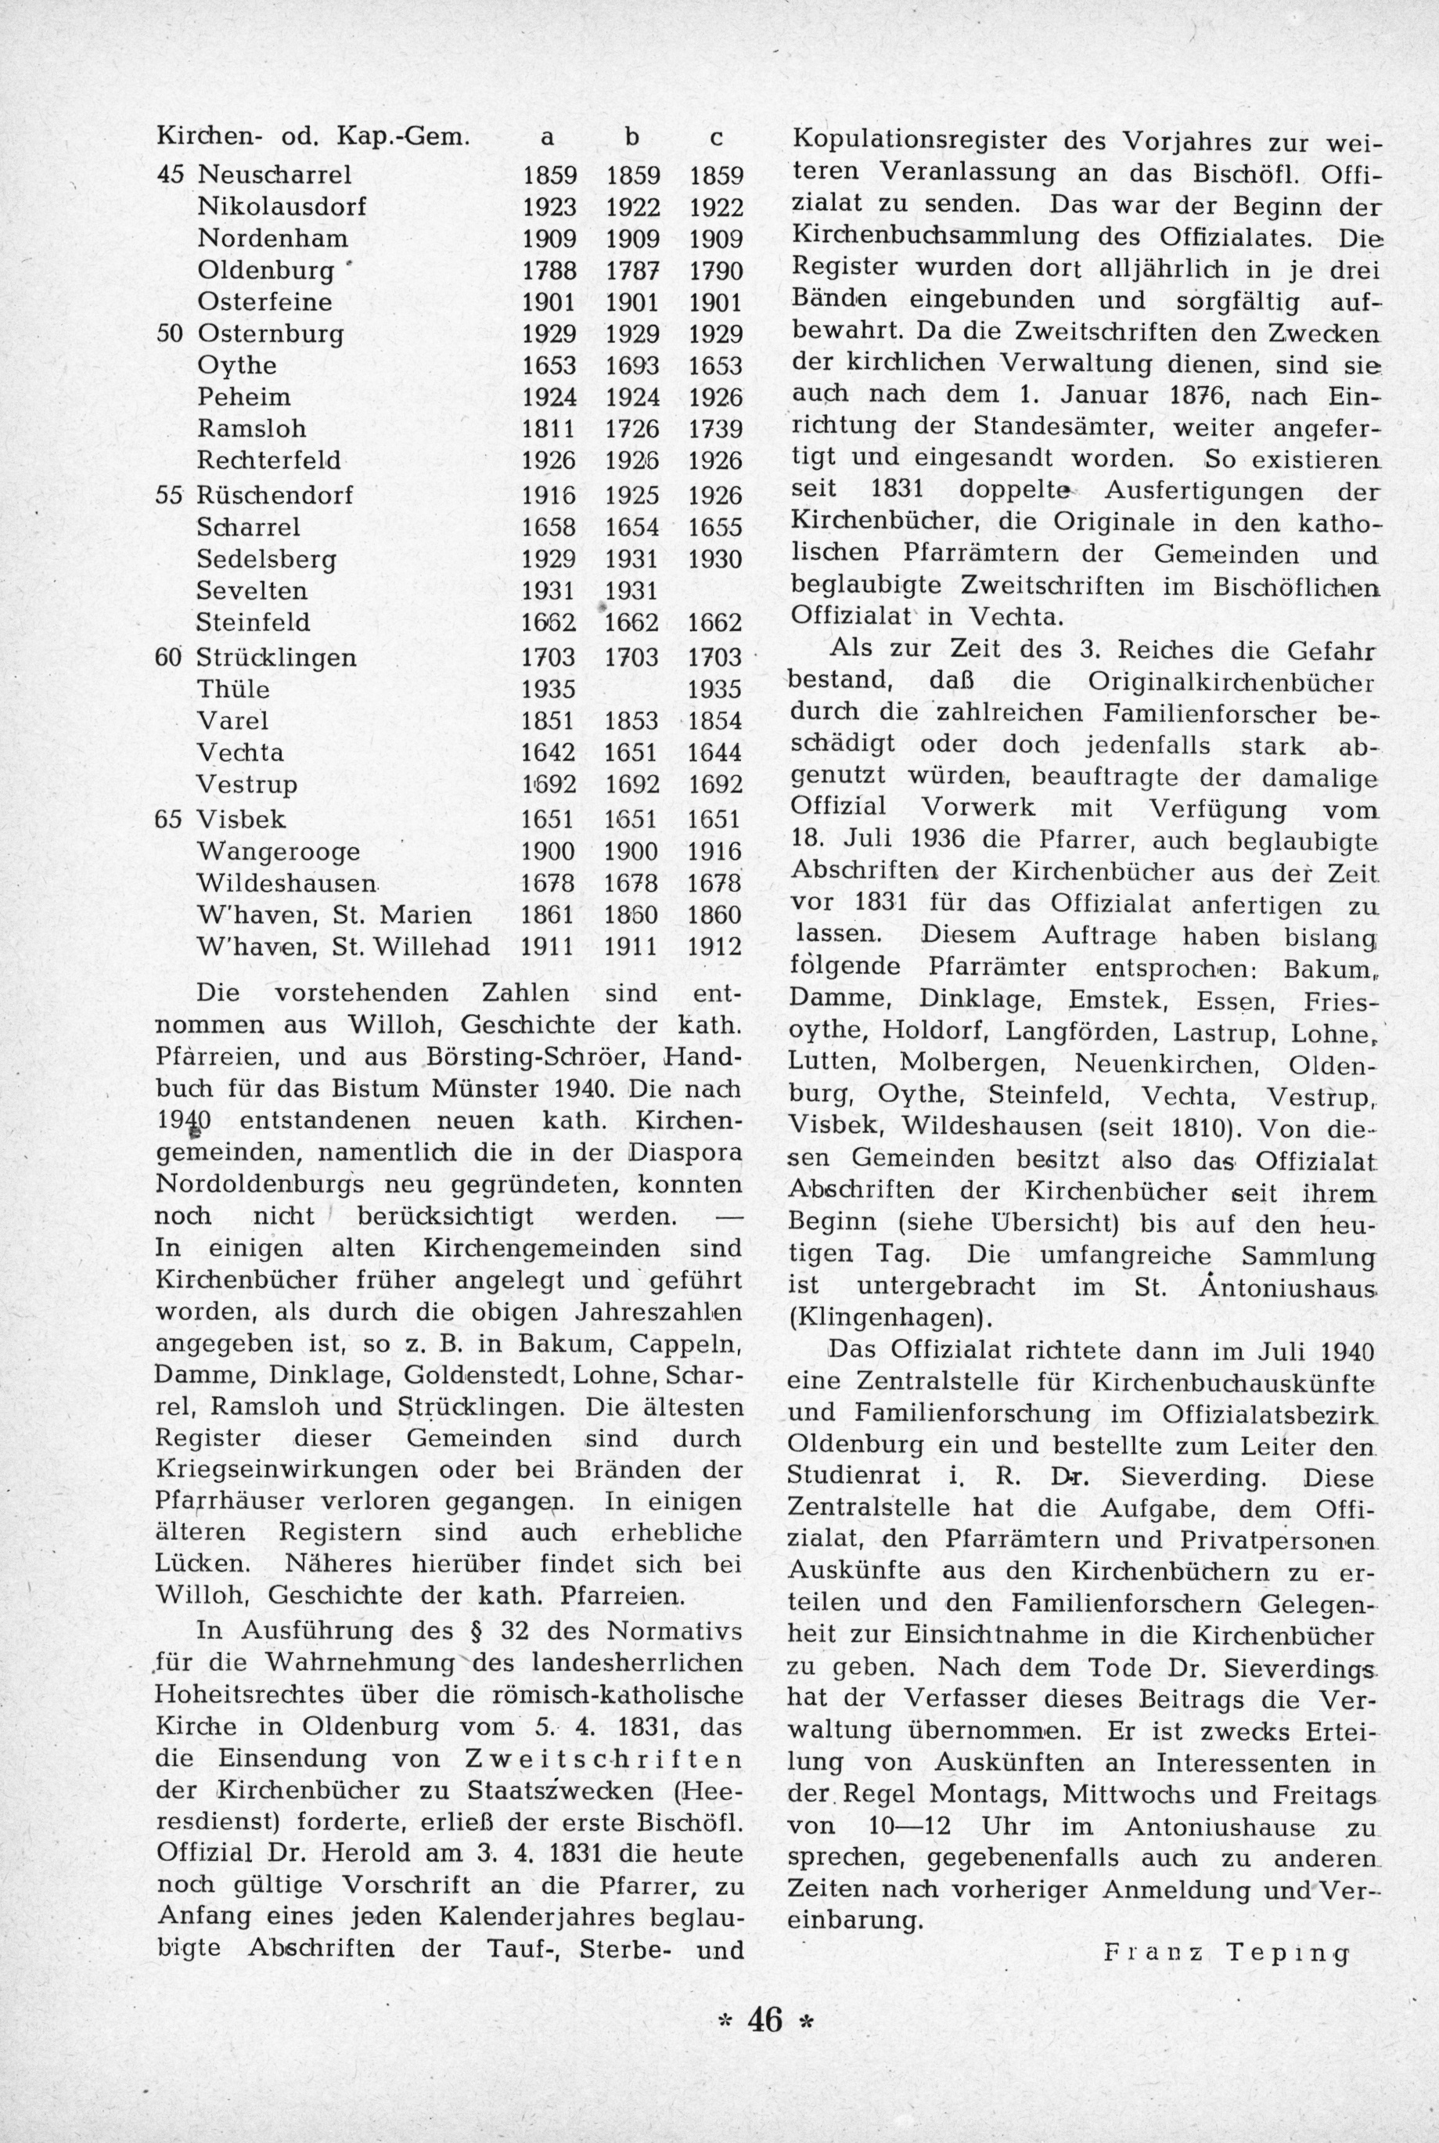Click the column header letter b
[x=631, y=137]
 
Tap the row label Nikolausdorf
[x=282, y=206]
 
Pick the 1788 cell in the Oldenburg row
[x=549, y=271]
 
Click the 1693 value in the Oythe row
[x=632, y=366]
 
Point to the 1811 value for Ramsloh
[x=549, y=429]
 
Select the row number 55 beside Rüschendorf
[x=171, y=495]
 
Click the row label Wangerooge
[x=279, y=851]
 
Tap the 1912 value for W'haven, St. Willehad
[x=715, y=946]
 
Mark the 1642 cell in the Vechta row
[x=549, y=753]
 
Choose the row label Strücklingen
[x=276, y=658]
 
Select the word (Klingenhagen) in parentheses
[x=889, y=1318]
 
